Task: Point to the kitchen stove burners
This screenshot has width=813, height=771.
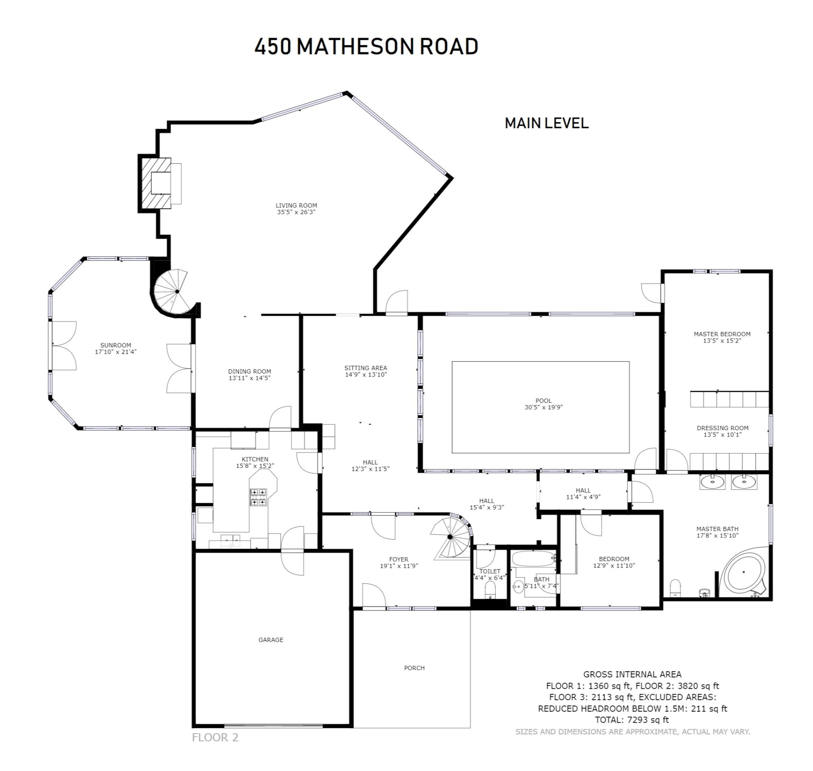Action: click(258, 497)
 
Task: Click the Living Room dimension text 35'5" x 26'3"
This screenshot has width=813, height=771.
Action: click(296, 212)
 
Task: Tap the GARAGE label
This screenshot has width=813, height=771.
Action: click(271, 640)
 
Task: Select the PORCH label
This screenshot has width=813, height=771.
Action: click(414, 668)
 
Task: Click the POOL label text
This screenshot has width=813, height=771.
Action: click(543, 400)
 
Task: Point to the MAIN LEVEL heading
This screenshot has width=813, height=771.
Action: click(546, 123)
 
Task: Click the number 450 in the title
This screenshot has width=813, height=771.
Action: click(273, 46)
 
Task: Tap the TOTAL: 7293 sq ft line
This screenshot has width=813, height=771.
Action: click(632, 720)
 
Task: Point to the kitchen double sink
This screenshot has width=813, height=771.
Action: click(231, 539)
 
